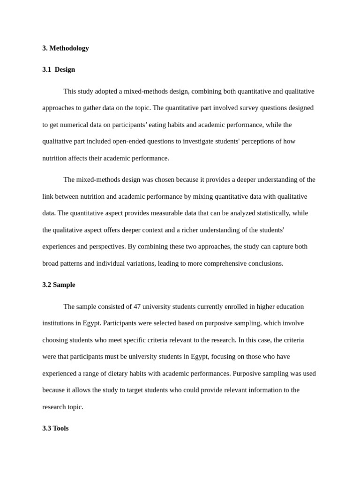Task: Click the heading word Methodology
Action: [69, 48]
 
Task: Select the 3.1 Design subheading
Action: [59, 69]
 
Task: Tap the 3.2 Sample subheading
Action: [59, 285]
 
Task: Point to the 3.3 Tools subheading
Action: [55, 428]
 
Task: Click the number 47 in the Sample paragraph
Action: [137, 307]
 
